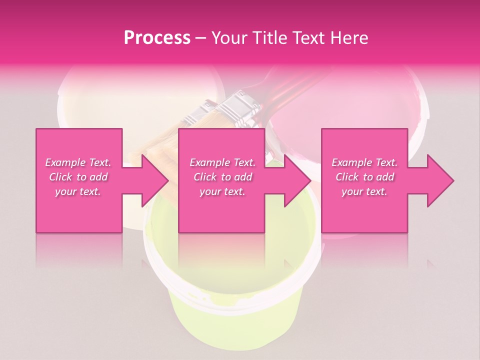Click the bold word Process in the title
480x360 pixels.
click(157, 38)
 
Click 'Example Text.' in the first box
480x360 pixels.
click(78, 162)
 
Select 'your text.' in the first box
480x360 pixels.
click(78, 191)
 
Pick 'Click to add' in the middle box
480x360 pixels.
click(222, 177)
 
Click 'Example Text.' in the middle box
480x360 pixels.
click(222, 162)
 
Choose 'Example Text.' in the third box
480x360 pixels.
click(364, 162)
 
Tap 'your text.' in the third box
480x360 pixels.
click(364, 191)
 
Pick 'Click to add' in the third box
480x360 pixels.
click(364, 177)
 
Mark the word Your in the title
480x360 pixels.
click(228, 38)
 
